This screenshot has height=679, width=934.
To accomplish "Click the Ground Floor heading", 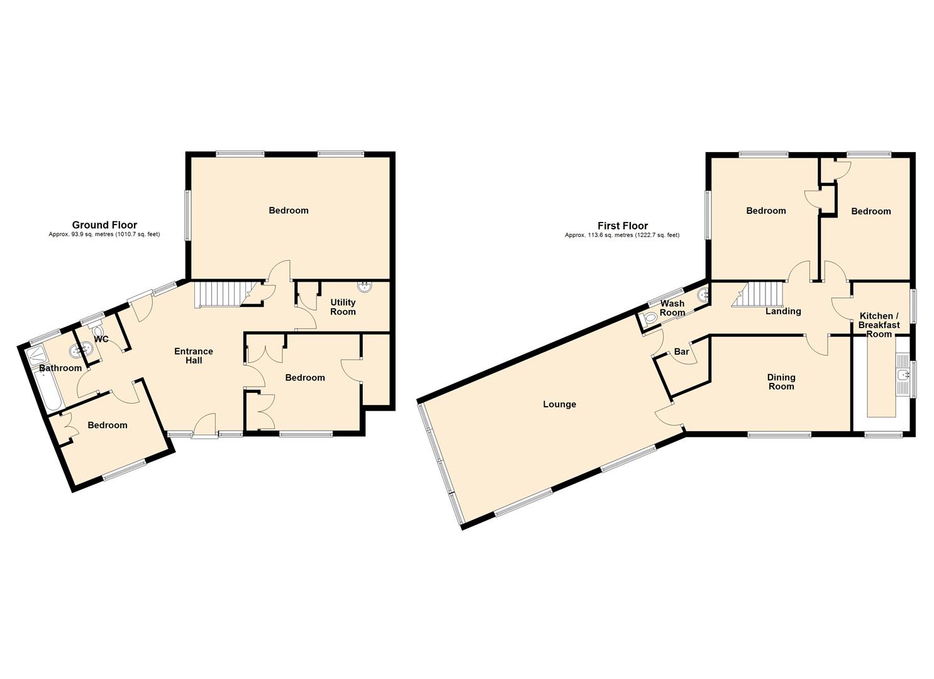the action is pyautogui.click(x=104, y=225).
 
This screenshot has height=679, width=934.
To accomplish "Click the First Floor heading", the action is pyautogui.click(x=623, y=226).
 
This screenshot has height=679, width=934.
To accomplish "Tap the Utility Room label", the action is pyautogui.click(x=343, y=307).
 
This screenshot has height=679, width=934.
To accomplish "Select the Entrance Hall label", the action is pyautogui.click(x=194, y=356).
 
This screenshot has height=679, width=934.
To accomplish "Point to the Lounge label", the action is pyautogui.click(x=560, y=404).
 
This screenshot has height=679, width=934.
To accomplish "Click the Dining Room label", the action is pyautogui.click(x=781, y=382).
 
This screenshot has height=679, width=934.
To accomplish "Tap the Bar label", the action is pyautogui.click(x=681, y=352).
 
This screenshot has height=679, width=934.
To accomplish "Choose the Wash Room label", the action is pyautogui.click(x=672, y=308).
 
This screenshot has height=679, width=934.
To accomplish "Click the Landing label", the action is pyautogui.click(x=783, y=311).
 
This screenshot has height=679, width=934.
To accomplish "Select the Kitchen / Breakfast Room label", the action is pyautogui.click(x=879, y=324).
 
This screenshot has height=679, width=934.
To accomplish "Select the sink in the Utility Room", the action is pyautogui.click(x=365, y=287).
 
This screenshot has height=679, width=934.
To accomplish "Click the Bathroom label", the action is pyautogui.click(x=60, y=368).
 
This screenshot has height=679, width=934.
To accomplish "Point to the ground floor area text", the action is pyautogui.click(x=104, y=235).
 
